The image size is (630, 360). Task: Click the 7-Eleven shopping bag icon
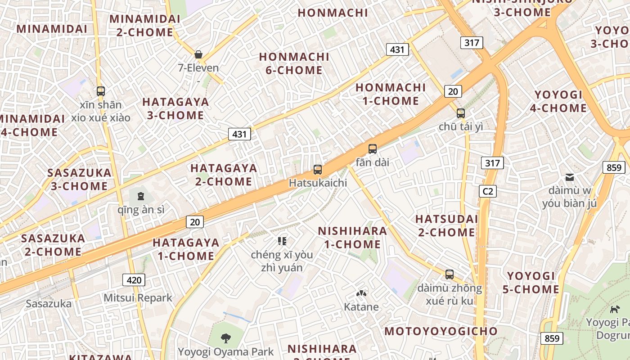[x=198, y=54]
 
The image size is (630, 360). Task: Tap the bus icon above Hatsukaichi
[x=318, y=170]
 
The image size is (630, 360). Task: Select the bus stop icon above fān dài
[x=372, y=148]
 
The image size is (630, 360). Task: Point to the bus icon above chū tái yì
[x=460, y=113]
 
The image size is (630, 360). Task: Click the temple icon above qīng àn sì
[x=141, y=196]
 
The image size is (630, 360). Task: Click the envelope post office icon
[x=569, y=177]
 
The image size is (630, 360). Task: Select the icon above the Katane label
[x=361, y=293]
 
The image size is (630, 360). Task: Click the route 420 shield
[x=134, y=280]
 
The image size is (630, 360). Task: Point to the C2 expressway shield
[x=488, y=191]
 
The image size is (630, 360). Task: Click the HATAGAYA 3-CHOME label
[x=175, y=108]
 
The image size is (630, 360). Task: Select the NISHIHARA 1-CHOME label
[x=352, y=238]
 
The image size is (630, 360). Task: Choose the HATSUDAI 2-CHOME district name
[x=446, y=225]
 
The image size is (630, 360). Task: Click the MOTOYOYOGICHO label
[x=441, y=332]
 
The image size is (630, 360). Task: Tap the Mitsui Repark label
[x=138, y=298]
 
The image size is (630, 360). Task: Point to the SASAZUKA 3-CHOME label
[x=79, y=179]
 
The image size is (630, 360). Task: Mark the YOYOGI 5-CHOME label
[x=531, y=283]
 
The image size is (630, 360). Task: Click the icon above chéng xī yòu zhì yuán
[x=282, y=241]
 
